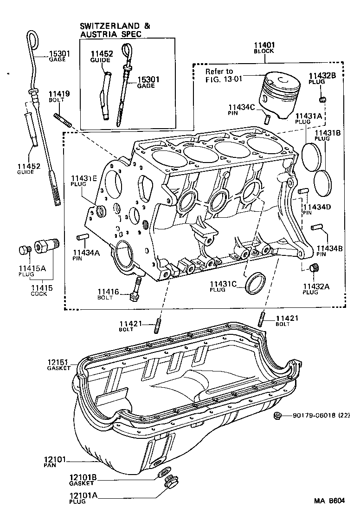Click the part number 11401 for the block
[x=264, y=45]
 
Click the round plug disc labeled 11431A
[x=310, y=155]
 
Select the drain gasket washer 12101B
[x=163, y=472]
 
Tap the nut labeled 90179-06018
[x=278, y=416]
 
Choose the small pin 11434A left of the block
[x=82, y=237]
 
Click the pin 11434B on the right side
[x=318, y=227]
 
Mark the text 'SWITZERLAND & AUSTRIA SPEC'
[x=115, y=31]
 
